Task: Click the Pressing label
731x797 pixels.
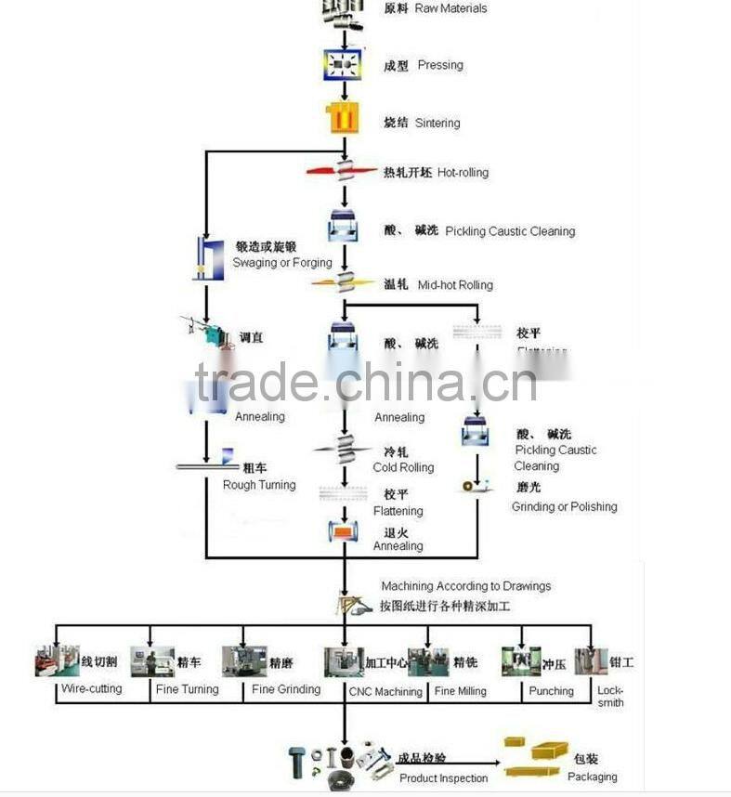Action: (x=439, y=65)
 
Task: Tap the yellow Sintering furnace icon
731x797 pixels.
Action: (x=343, y=119)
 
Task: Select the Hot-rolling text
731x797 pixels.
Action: (x=463, y=173)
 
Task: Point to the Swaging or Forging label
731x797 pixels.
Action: (x=281, y=263)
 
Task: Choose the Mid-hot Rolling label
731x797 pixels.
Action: (x=455, y=285)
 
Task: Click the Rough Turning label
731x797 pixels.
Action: (x=259, y=485)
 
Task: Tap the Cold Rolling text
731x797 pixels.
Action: (x=403, y=467)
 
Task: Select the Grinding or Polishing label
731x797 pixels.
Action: (x=564, y=506)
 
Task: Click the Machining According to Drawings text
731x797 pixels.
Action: (x=465, y=586)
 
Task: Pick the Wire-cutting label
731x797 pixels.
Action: (x=91, y=689)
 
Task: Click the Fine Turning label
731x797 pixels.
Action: (x=187, y=689)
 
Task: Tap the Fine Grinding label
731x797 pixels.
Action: (x=286, y=689)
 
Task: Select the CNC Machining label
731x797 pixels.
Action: (x=385, y=691)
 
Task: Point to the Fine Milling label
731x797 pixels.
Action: (x=460, y=691)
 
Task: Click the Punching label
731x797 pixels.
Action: (x=552, y=691)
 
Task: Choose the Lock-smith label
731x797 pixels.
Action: (x=610, y=697)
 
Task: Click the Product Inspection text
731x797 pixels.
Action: (x=444, y=778)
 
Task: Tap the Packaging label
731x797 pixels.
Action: (x=593, y=777)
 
